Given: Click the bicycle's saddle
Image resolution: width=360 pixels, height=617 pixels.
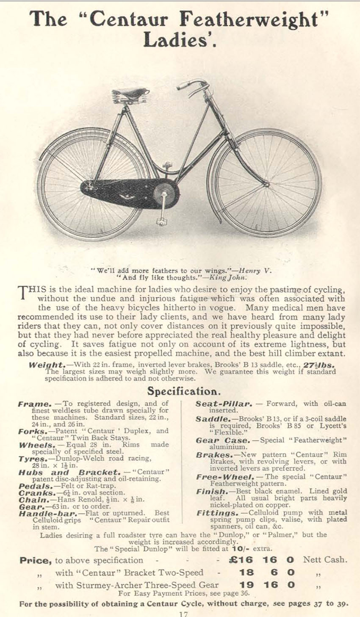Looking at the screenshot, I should pos(130,94).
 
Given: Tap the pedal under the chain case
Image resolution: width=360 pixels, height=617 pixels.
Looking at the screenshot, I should pos(161,221).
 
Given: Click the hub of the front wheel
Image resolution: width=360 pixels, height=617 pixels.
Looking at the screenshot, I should pos(266,184).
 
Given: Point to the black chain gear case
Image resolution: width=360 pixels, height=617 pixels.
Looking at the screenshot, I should pos(127,193).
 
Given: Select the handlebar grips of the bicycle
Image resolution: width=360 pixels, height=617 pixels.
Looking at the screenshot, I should pos(185,85).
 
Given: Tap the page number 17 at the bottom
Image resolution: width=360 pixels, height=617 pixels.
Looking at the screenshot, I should pos(183,614).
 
